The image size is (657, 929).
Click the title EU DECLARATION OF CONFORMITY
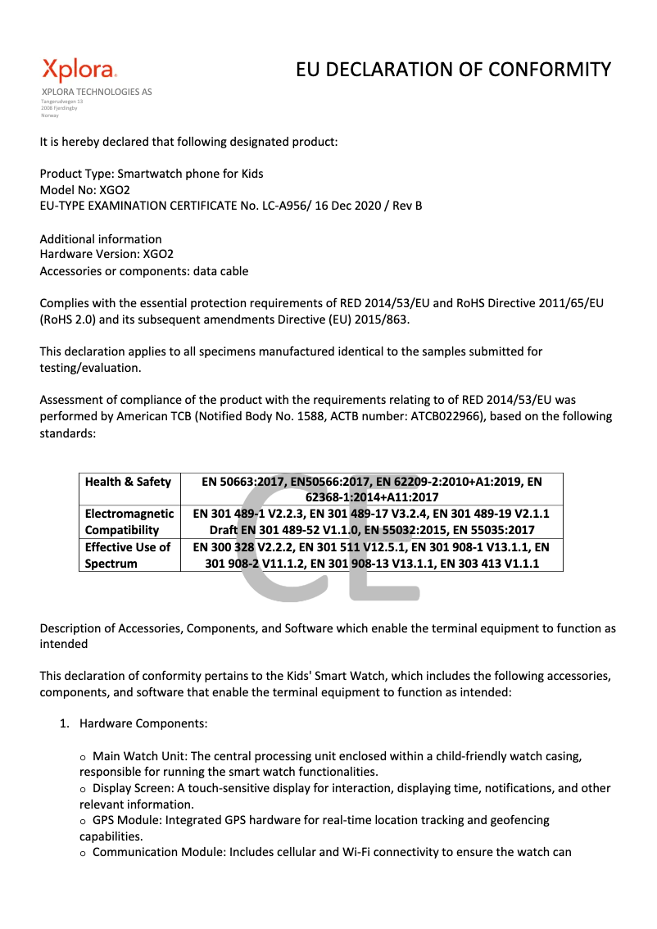pyautogui.click(x=453, y=70)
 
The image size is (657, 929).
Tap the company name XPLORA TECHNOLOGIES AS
pyautogui.click(x=97, y=92)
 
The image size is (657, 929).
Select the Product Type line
pyautogui.click(x=152, y=174)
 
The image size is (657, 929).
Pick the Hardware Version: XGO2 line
pyautogui.click(x=106, y=254)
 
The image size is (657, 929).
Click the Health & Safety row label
pyautogui.click(x=128, y=482)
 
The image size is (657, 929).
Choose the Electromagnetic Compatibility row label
pyautogui.click(x=128, y=521)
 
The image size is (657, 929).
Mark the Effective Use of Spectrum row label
pyautogui.click(x=128, y=554)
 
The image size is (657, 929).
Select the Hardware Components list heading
pyautogui.click(x=143, y=723)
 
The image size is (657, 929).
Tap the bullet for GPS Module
pyautogui.click(x=83, y=821)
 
